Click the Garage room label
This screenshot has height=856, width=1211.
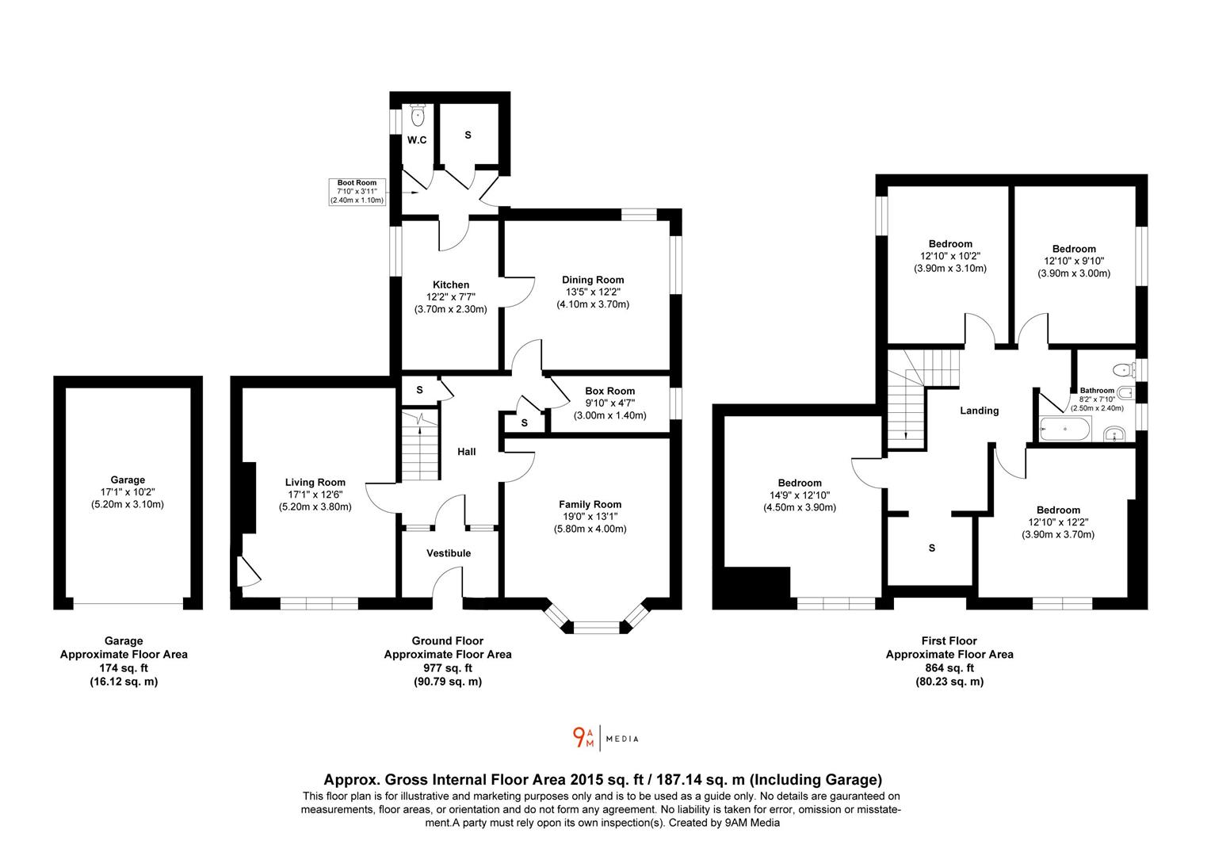tap(128, 480)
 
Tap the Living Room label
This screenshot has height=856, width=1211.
tap(315, 483)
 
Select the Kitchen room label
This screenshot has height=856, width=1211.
tap(451, 285)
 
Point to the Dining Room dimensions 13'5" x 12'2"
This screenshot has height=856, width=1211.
tap(593, 292)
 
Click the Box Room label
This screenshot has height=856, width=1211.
tap(609, 391)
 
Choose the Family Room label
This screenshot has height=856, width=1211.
tap(590, 505)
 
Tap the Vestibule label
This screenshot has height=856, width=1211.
tap(449, 553)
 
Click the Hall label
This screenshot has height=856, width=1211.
tap(467, 452)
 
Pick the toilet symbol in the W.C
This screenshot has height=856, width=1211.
tap(418, 115)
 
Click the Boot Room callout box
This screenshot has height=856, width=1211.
tap(357, 192)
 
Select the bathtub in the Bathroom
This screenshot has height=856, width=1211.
tap(1064, 429)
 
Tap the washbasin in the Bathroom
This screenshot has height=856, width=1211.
tap(1114, 434)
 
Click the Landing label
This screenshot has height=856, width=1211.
tap(979, 411)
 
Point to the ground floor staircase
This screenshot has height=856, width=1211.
tap(419, 445)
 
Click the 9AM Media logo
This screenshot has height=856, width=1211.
tap(605, 738)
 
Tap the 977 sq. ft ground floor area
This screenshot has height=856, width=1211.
tap(448, 668)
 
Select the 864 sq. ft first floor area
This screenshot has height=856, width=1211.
tap(949, 668)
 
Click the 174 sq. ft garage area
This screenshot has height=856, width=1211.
tap(124, 668)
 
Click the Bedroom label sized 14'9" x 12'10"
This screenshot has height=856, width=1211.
tap(800, 483)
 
